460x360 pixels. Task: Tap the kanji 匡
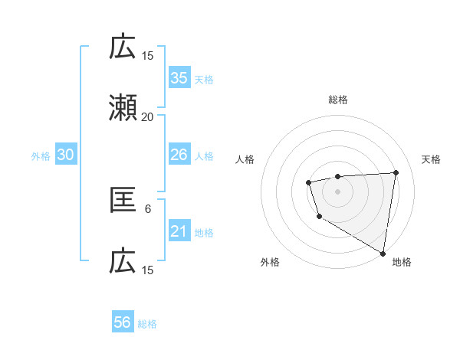coord(123,201)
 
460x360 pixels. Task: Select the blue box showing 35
coord(179,78)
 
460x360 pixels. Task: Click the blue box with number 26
coord(179,155)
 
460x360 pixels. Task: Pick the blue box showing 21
coord(179,231)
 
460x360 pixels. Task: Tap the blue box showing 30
coord(66,155)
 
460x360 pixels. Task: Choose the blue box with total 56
coord(123,323)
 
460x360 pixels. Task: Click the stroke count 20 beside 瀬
coord(147,117)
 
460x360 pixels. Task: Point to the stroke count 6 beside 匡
coord(148,208)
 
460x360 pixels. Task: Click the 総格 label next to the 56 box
coord(148,324)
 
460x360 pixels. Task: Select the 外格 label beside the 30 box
coord(41,155)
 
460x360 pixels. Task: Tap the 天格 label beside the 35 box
coord(204,79)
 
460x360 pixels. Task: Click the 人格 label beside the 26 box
coord(204,155)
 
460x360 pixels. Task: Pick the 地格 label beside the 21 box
coord(204,232)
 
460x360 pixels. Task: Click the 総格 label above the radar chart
coord(338,100)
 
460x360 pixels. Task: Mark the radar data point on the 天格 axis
coord(396,172)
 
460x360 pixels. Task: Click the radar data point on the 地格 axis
coord(383,253)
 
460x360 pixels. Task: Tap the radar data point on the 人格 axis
coord(308,182)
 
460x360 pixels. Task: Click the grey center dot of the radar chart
coord(338,191)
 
